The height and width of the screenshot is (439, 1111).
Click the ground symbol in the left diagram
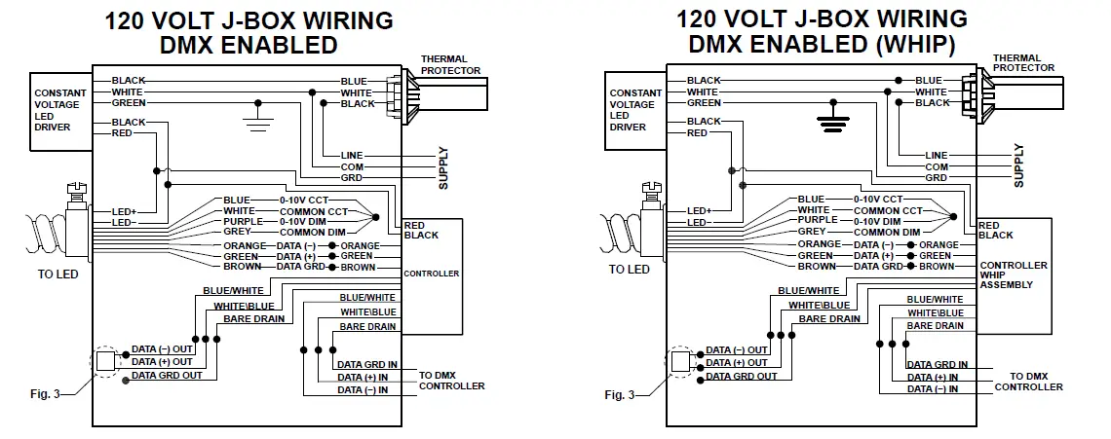(x=258, y=119)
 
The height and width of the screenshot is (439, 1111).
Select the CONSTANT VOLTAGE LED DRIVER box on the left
(x=59, y=109)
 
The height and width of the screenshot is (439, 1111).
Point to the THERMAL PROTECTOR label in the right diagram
(x=1022, y=63)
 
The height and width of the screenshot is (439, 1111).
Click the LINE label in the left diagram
(x=352, y=156)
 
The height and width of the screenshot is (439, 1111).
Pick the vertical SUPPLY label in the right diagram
(x=1019, y=165)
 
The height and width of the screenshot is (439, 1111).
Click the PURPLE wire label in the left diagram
(x=239, y=222)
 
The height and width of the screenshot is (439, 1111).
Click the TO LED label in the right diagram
(x=629, y=270)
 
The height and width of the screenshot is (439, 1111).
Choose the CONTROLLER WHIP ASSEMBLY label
(x=1014, y=275)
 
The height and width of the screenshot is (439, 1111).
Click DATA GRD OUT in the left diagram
(x=168, y=375)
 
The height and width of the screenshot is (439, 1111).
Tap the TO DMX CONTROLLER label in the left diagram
(x=451, y=380)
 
